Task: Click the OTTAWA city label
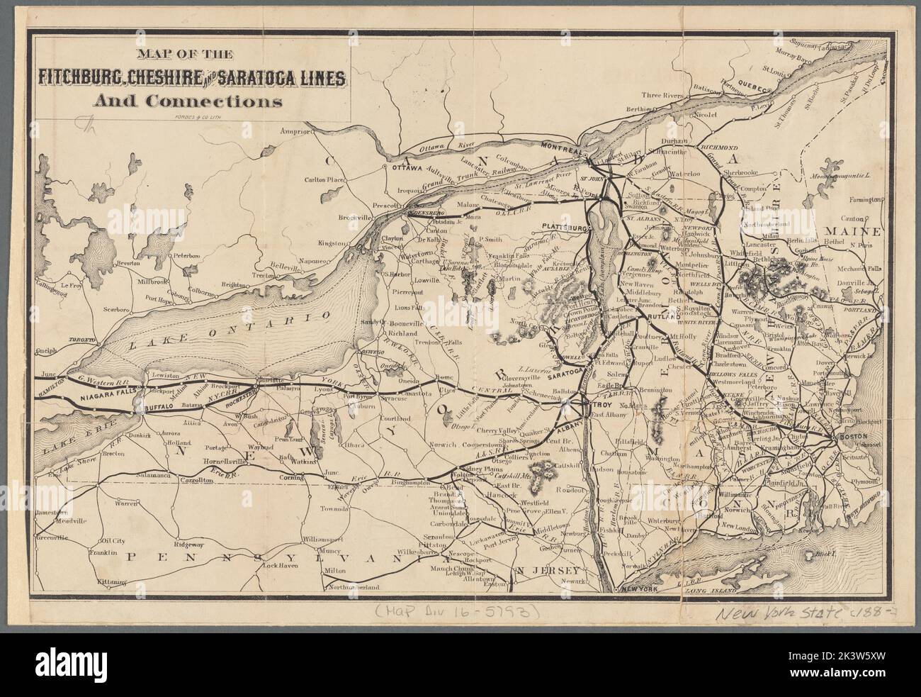point(403,169)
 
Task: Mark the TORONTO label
point(81,341)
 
